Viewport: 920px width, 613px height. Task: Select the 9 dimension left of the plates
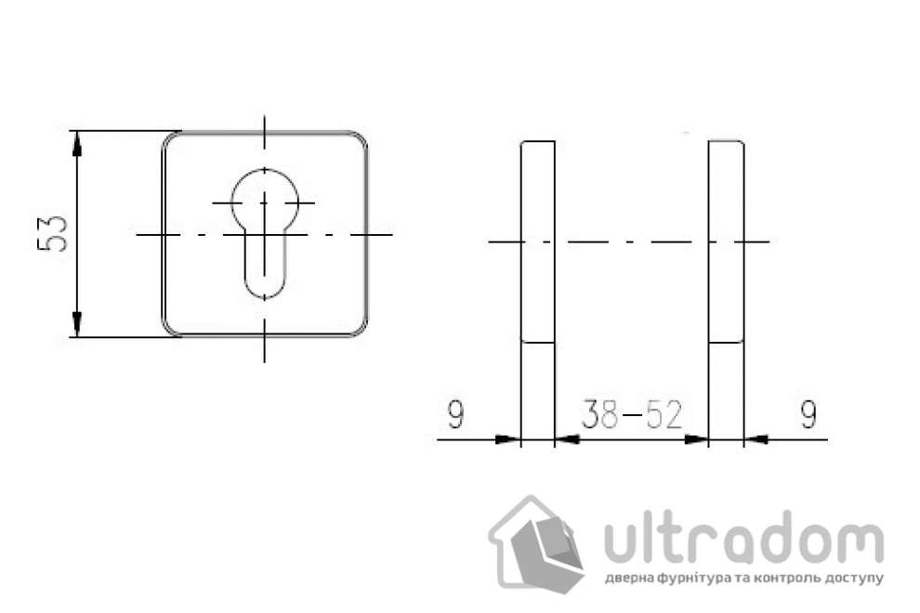(454, 415)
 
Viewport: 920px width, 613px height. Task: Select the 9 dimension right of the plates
(808, 415)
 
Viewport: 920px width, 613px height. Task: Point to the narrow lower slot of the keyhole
(264, 265)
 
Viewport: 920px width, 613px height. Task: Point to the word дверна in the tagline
(628, 578)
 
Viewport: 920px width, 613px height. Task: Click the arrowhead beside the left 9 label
(507, 438)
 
